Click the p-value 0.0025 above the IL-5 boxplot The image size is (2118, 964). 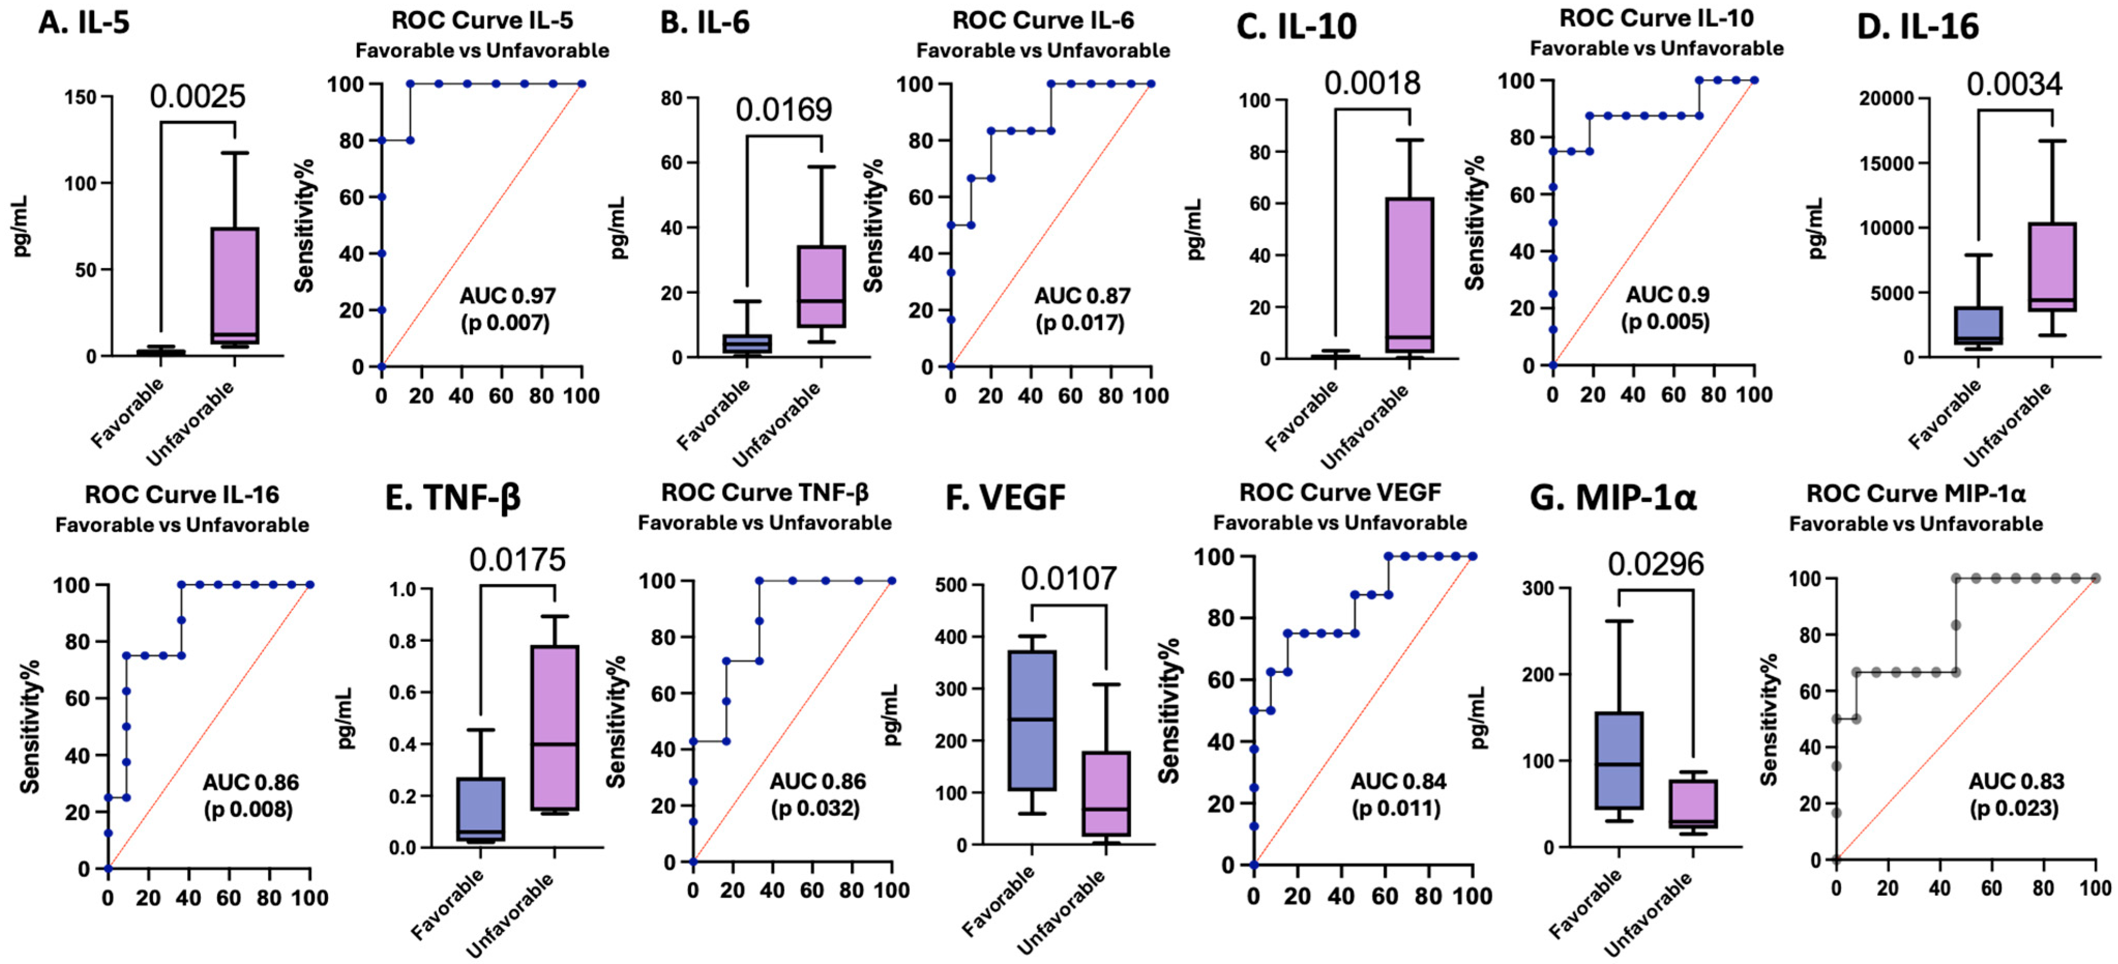pos(197,97)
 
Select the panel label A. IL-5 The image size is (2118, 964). pos(84,23)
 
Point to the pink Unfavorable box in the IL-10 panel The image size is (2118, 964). pos(1409,275)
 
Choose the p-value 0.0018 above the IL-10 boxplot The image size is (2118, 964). pos(1371,83)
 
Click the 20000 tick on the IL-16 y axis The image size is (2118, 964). pos(1887,99)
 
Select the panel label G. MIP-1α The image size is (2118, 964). pos(1613,498)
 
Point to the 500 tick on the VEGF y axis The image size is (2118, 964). pos(951,585)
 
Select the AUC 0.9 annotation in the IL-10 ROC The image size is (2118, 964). pos(1666,294)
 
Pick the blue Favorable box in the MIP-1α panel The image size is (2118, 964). pos(1618,760)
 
